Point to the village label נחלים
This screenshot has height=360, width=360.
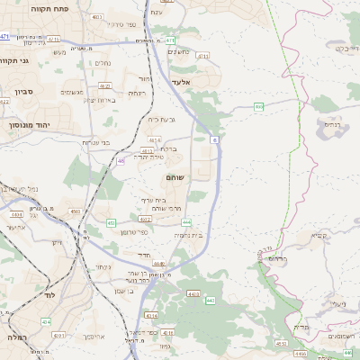coord(101,64)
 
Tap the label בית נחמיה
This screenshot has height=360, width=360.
coord(187,234)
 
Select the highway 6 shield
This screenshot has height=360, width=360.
coord(214,140)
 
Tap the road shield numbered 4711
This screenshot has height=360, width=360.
coord(202,55)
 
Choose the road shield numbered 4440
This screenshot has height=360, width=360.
coord(159,263)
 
